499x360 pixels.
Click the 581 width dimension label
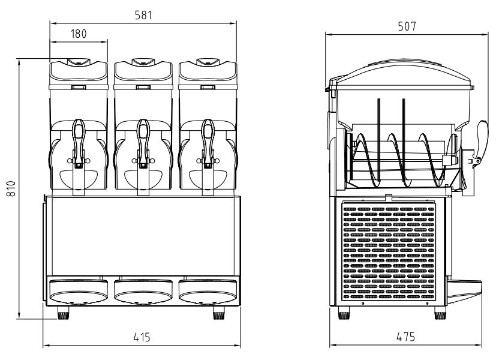(x=142, y=15)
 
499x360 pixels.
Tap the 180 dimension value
(x=79, y=34)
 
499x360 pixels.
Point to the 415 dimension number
(x=142, y=338)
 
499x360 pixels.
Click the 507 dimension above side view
(x=407, y=26)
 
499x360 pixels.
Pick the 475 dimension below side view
(x=405, y=337)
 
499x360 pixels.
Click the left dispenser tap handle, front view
(x=79, y=141)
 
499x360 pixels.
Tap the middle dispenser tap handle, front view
(x=143, y=141)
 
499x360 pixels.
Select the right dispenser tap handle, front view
(x=208, y=141)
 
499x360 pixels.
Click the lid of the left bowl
(x=79, y=71)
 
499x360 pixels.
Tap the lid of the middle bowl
(x=143, y=71)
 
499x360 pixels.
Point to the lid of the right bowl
(x=208, y=71)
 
